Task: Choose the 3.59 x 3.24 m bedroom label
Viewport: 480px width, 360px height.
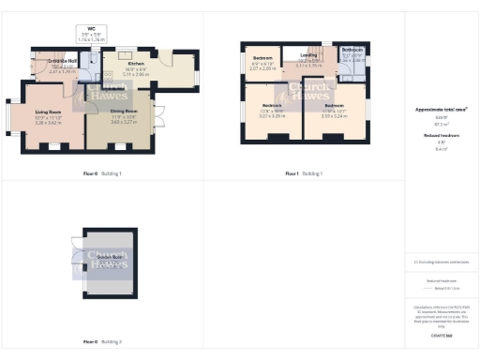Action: coord(334,106)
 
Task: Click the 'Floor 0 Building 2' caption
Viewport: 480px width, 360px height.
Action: coord(101,343)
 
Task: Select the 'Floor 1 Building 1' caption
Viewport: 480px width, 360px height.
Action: coord(304,173)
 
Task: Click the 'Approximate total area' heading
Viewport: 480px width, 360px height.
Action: coord(441,110)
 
